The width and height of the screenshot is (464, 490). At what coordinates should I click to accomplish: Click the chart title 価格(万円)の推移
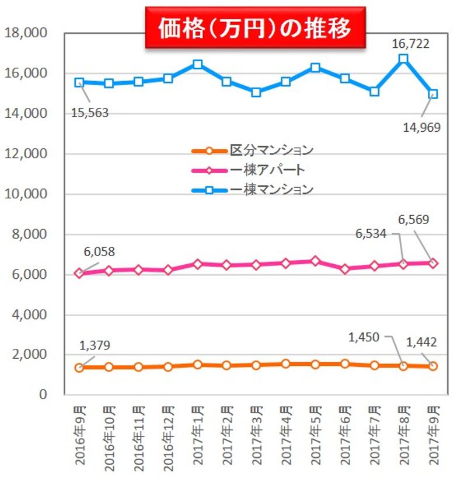tap(255, 27)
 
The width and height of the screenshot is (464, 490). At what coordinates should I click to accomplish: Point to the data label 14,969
tap(421, 127)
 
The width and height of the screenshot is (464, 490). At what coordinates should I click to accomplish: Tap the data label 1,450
tap(364, 337)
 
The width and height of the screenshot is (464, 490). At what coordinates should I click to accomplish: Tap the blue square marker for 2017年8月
tap(403, 59)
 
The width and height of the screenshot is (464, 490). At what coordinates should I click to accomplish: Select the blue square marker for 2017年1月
tap(198, 64)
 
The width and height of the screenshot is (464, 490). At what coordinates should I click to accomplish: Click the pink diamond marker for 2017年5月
tap(315, 261)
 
